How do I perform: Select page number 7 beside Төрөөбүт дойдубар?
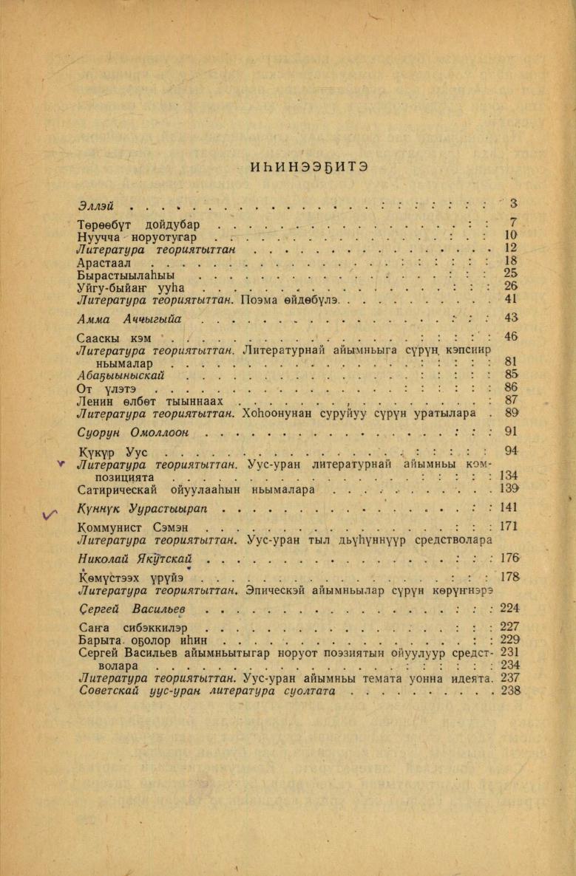pos(512,222)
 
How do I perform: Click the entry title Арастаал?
pos(108,261)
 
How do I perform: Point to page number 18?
pos(510,261)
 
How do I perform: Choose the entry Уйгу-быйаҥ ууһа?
pos(129,287)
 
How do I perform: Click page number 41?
pos(510,299)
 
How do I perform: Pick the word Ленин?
pos(94,401)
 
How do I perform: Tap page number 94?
pos(510,451)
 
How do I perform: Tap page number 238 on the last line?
pos(510,691)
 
